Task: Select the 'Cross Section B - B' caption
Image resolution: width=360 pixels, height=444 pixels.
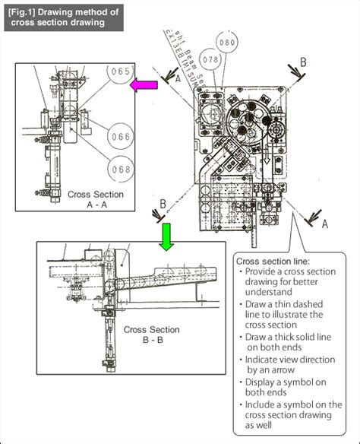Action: pos(152,335)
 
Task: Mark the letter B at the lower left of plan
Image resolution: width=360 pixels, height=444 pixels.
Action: pos(161,205)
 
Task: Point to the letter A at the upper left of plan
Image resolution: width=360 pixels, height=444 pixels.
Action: pos(177,78)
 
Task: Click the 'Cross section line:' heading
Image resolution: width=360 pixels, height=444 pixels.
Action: pos(273,262)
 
